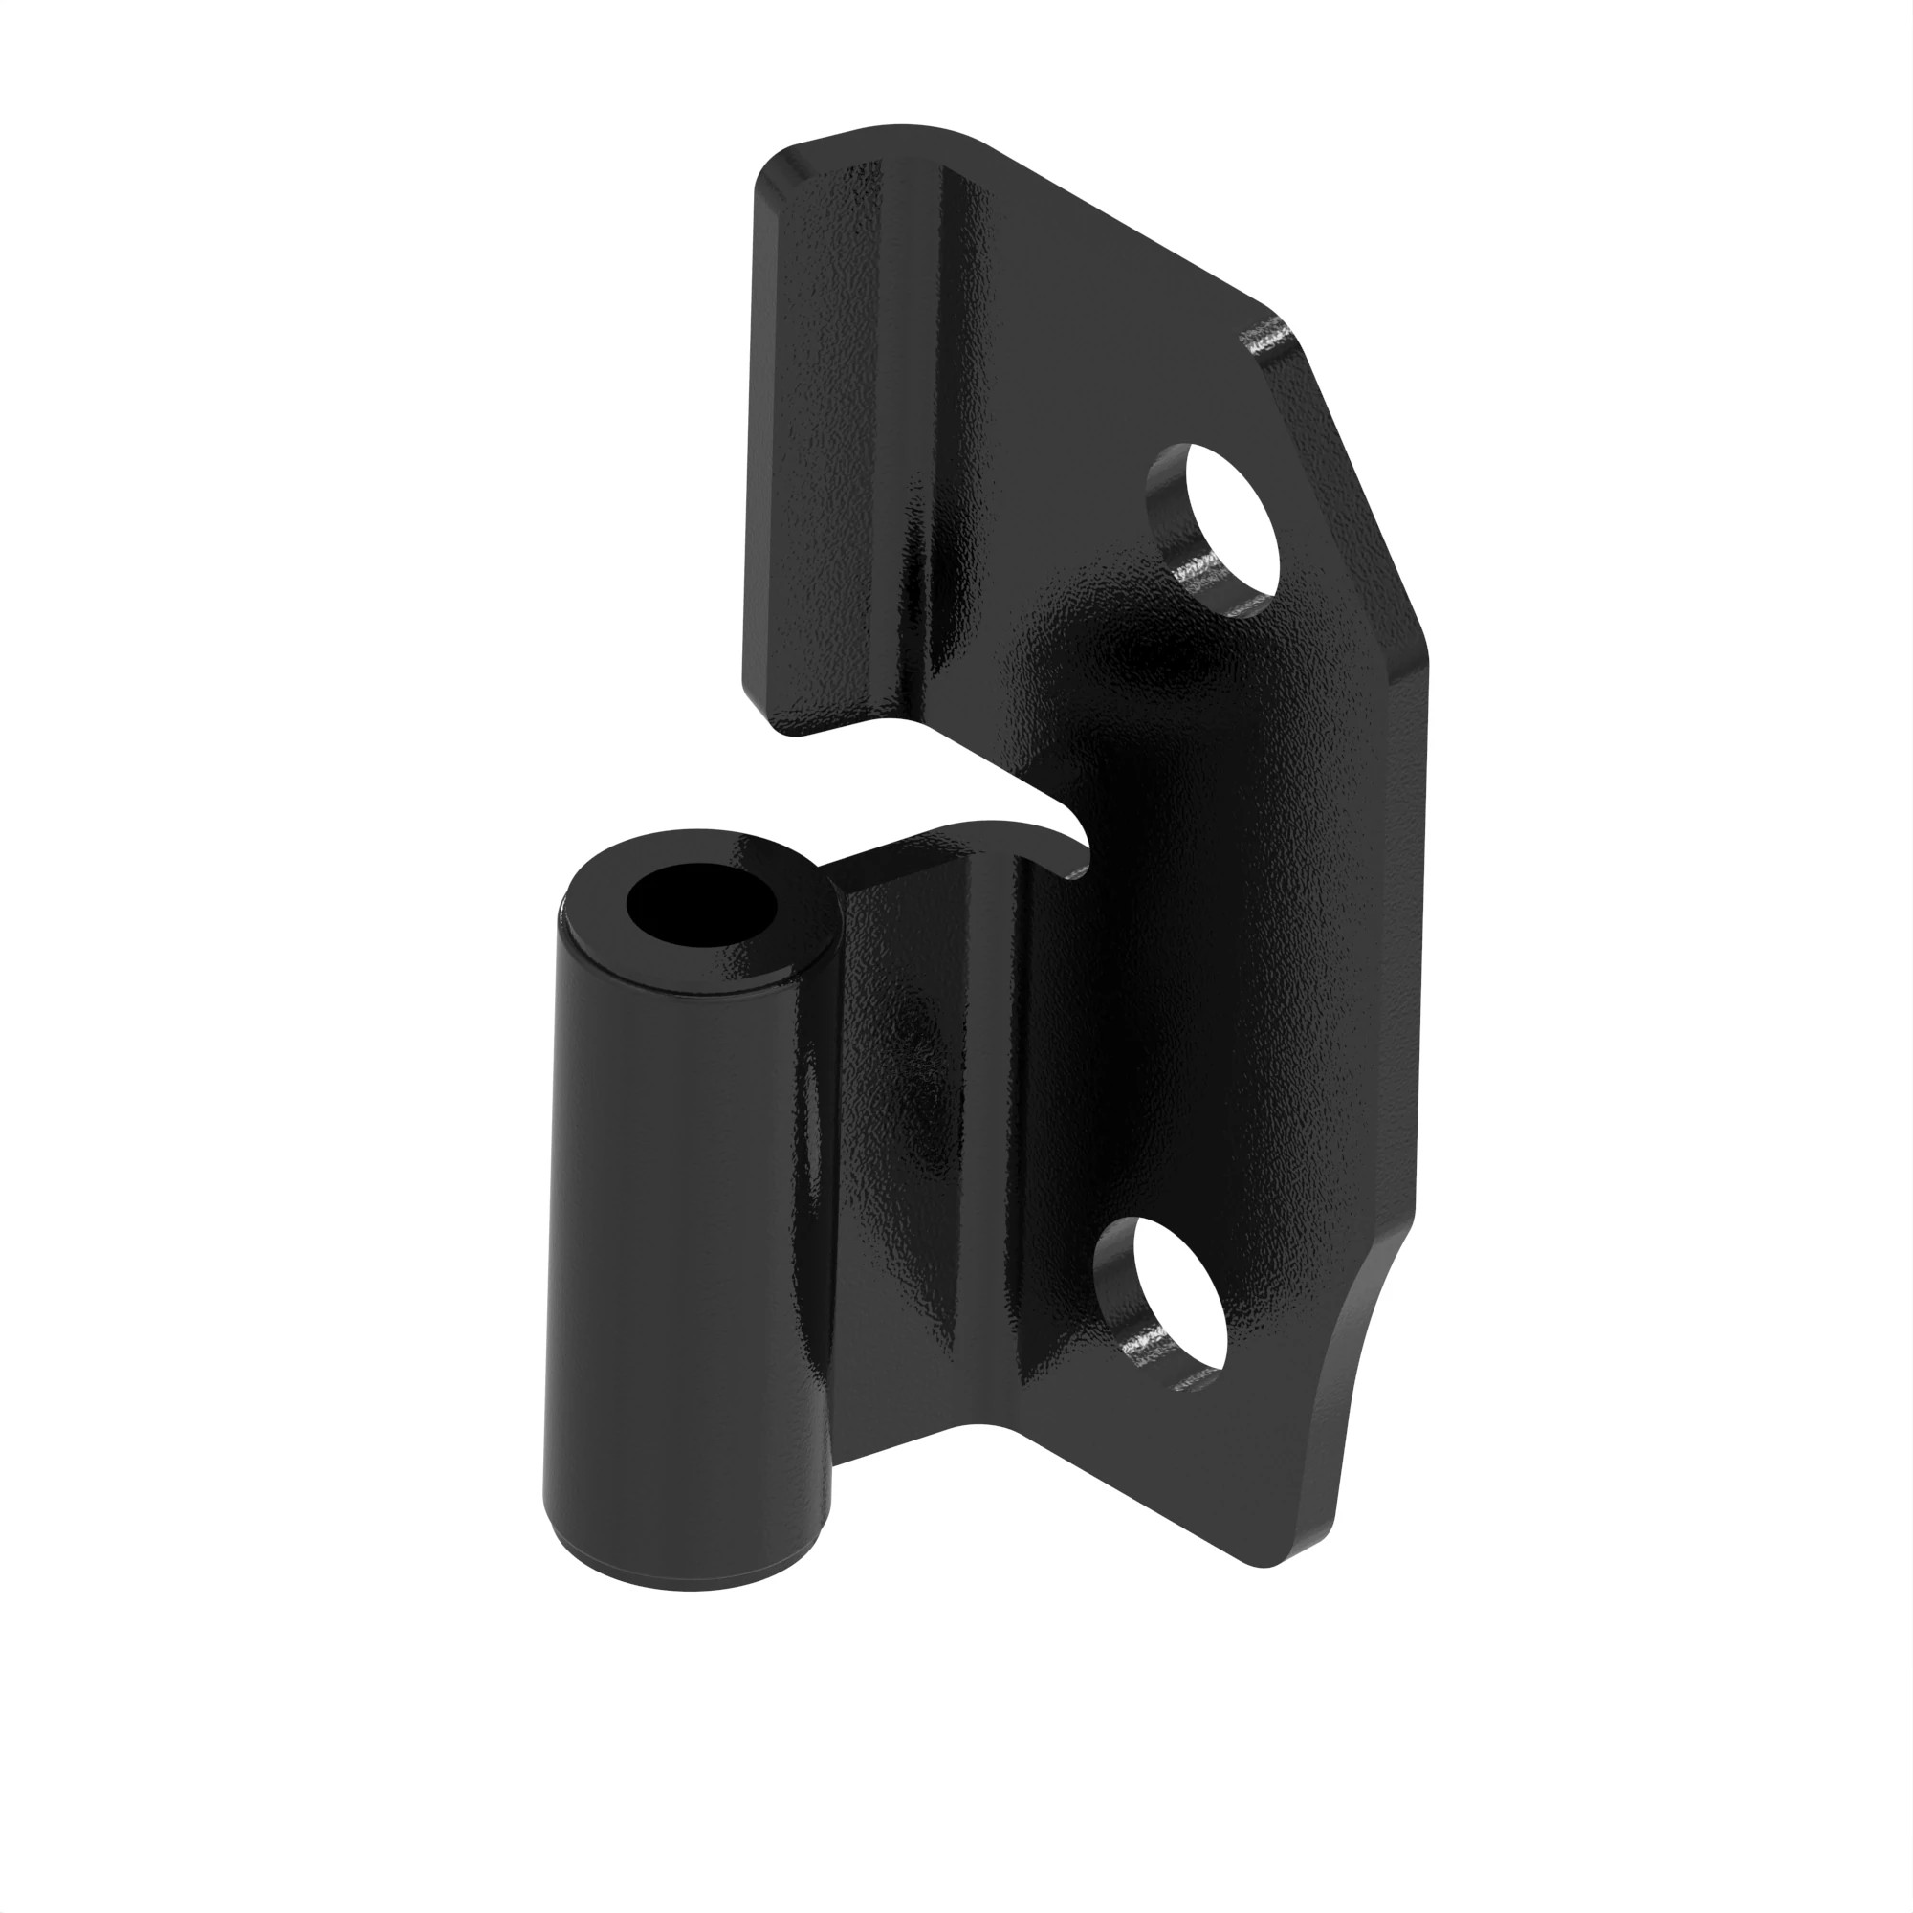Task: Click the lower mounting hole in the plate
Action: pos(1178,1297)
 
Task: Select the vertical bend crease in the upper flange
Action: pos(940,396)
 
